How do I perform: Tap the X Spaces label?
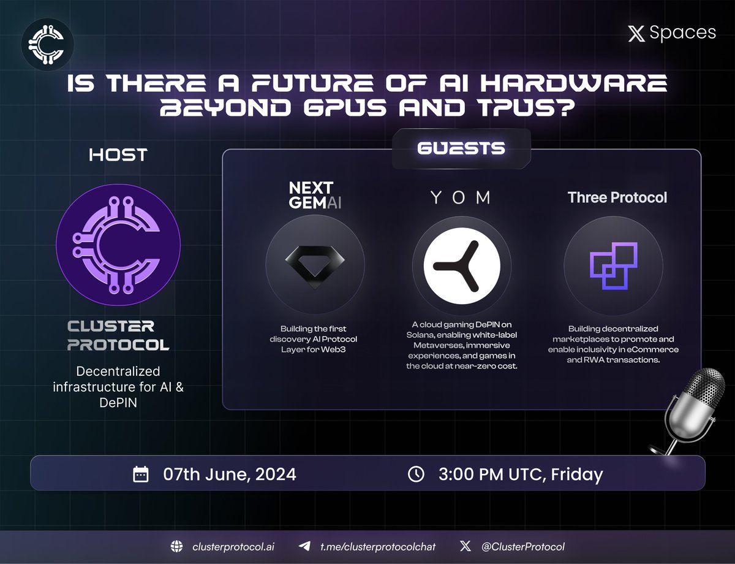click(x=672, y=33)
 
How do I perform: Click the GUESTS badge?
click(x=461, y=148)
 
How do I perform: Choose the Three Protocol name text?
click(x=617, y=197)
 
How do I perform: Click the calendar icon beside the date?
click(x=141, y=474)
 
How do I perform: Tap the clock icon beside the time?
click(x=416, y=474)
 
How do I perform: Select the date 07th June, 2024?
click(x=229, y=474)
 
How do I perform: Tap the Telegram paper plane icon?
click(x=304, y=546)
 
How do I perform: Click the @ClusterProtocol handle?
click(x=522, y=546)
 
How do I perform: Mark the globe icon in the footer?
click(x=178, y=546)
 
